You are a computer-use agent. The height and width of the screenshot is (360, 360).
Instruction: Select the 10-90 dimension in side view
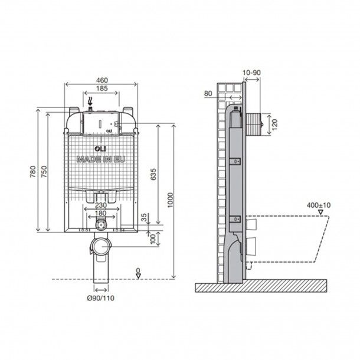coord(251,73)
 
